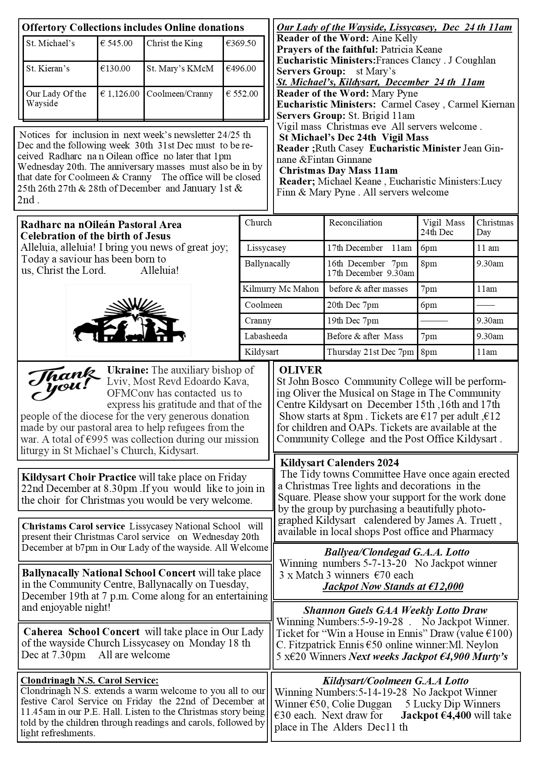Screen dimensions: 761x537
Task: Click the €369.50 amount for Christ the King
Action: tap(240, 43)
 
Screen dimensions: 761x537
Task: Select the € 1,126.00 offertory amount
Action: tap(120, 94)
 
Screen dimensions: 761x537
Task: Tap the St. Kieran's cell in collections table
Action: tap(48, 68)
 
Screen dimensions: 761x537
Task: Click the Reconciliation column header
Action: tap(355, 222)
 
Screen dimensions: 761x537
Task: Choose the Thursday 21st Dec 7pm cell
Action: tap(370, 352)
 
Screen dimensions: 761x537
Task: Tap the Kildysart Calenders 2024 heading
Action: tap(339, 463)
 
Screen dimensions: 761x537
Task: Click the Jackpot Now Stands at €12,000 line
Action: tap(393, 586)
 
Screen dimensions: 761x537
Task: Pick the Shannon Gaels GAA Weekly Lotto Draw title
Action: tap(395, 610)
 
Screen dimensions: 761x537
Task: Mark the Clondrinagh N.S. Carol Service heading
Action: tap(90, 680)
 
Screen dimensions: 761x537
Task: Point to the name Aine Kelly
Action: tap(394, 38)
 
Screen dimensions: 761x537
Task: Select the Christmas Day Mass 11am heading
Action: tap(338, 170)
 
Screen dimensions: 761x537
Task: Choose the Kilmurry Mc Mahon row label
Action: tap(280, 289)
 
